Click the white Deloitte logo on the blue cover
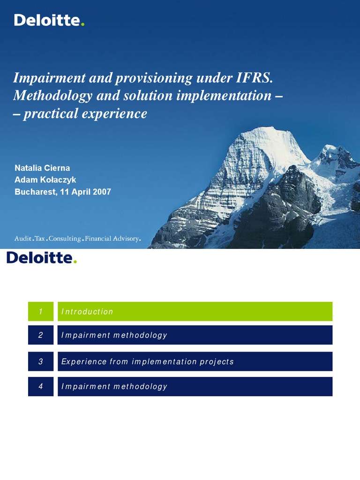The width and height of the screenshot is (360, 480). click(49, 20)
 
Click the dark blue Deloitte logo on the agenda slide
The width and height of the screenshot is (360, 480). click(41, 258)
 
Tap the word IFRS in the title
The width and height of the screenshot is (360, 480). click(254, 78)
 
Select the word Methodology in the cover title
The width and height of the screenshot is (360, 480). click(52, 96)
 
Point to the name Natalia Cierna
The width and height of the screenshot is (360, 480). click(42, 168)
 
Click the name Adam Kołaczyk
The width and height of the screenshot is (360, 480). click(45, 180)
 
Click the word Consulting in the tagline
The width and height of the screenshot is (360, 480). click(65, 239)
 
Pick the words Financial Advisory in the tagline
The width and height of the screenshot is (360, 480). click(112, 239)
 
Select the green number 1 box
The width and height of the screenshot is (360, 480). click(41, 311)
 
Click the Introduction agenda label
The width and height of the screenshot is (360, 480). click(87, 312)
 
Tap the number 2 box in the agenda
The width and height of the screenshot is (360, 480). click(41, 335)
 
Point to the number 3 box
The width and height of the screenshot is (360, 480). click(41, 361)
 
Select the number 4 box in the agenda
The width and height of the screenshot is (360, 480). click(41, 386)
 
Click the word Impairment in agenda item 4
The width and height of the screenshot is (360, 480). click(86, 387)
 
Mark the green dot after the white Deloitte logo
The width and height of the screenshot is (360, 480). click(82, 24)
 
